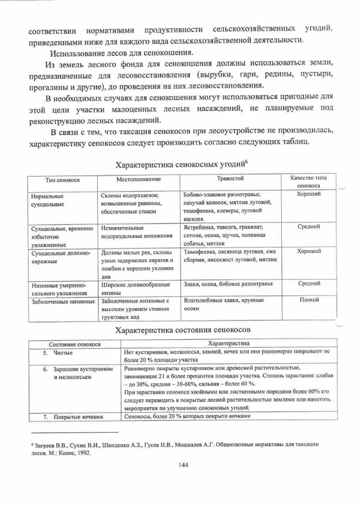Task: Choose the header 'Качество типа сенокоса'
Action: [x=308, y=182]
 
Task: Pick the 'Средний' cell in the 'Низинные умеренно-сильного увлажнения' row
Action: [x=308, y=284]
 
